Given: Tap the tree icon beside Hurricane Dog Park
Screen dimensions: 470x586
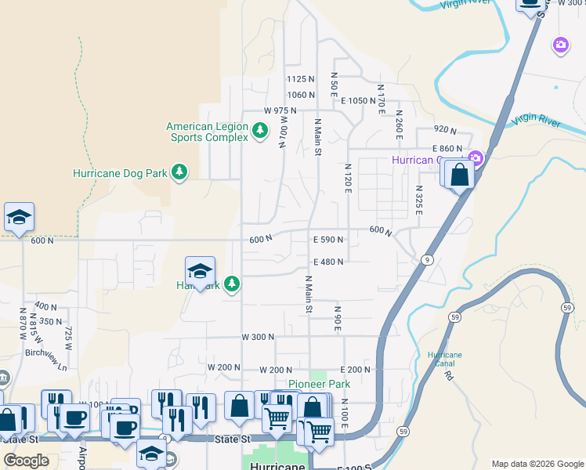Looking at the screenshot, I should pyautogui.click(x=179, y=172).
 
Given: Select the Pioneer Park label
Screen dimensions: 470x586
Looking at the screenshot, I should pyautogui.click(x=319, y=384).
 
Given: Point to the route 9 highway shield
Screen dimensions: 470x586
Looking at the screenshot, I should pyautogui.click(x=427, y=260).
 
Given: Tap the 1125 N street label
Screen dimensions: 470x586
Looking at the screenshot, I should pyautogui.click(x=300, y=79).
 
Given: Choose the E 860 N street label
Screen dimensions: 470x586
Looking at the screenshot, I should pyautogui.click(x=447, y=148).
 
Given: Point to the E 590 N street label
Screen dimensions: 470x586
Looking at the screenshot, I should pyautogui.click(x=328, y=240).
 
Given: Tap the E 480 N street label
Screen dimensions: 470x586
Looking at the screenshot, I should pyautogui.click(x=328, y=262).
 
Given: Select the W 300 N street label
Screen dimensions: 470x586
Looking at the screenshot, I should pyautogui.click(x=258, y=337).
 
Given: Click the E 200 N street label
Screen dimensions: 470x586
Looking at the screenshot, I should pyautogui.click(x=355, y=369).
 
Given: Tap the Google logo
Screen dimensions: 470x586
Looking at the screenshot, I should pyautogui.click(x=26, y=461).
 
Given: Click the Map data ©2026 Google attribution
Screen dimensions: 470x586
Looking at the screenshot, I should pyautogui.click(x=537, y=464).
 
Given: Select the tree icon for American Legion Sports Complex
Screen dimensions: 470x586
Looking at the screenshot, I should pyautogui.click(x=260, y=130).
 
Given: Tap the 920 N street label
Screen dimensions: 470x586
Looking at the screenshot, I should pyautogui.click(x=444, y=129).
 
